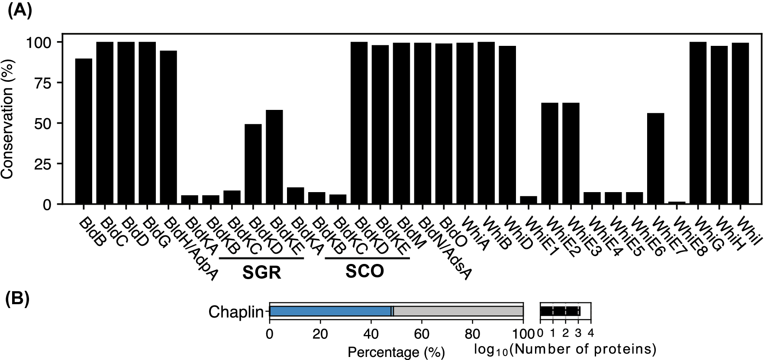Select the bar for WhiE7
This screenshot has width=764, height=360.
tap(655, 158)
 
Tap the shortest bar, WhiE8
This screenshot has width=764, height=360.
tap(677, 202)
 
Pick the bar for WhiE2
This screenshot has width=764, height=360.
tap(550, 153)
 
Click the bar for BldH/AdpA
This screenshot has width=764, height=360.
tap(168, 127)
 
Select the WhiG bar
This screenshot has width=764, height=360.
tap(698, 123)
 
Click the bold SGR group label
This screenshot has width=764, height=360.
tap(262, 273)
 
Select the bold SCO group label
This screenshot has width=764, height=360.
tap(365, 271)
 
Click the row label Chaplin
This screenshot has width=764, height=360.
tap(236, 312)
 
